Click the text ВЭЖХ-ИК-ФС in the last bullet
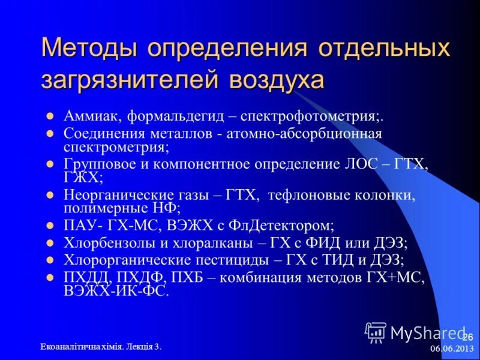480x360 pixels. (116, 291)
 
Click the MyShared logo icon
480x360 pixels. (376, 332)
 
